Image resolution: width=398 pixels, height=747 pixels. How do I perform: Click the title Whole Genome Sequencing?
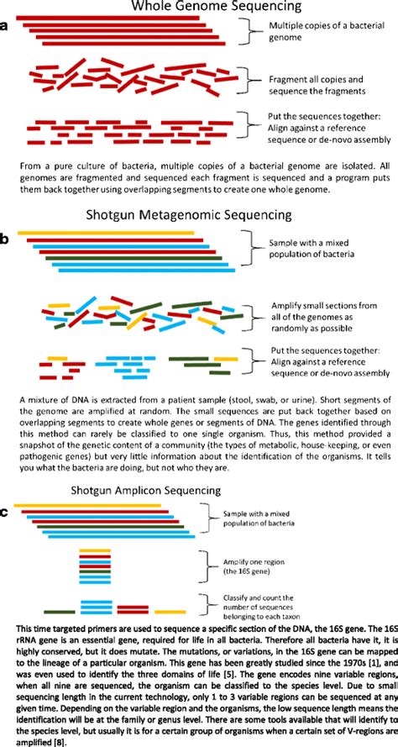click(x=198, y=8)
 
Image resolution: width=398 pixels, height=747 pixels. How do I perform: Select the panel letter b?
click(x=6, y=239)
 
